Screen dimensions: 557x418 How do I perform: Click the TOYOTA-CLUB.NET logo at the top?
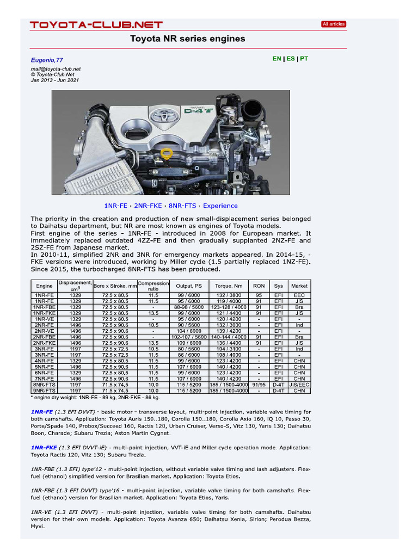click(x=96, y=24)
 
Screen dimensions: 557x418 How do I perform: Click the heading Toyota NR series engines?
click(x=187, y=39)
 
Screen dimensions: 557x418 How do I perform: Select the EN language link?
click(x=276, y=58)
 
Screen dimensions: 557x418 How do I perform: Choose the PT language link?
click(x=304, y=58)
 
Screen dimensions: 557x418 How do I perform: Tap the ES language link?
click(x=290, y=58)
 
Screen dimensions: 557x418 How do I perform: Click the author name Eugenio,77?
click(x=47, y=59)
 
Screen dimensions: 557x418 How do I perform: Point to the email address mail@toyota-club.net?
click(x=56, y=69)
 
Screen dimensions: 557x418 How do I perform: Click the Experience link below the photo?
click(x=220, y=206)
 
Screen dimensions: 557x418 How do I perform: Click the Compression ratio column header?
click(x=153, y=286)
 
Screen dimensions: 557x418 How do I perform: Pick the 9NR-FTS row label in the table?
click(x=45, y=391)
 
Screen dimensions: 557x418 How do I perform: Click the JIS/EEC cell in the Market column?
click(x=299, y=385)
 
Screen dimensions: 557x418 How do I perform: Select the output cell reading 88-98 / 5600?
click(x=188, y=307)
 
